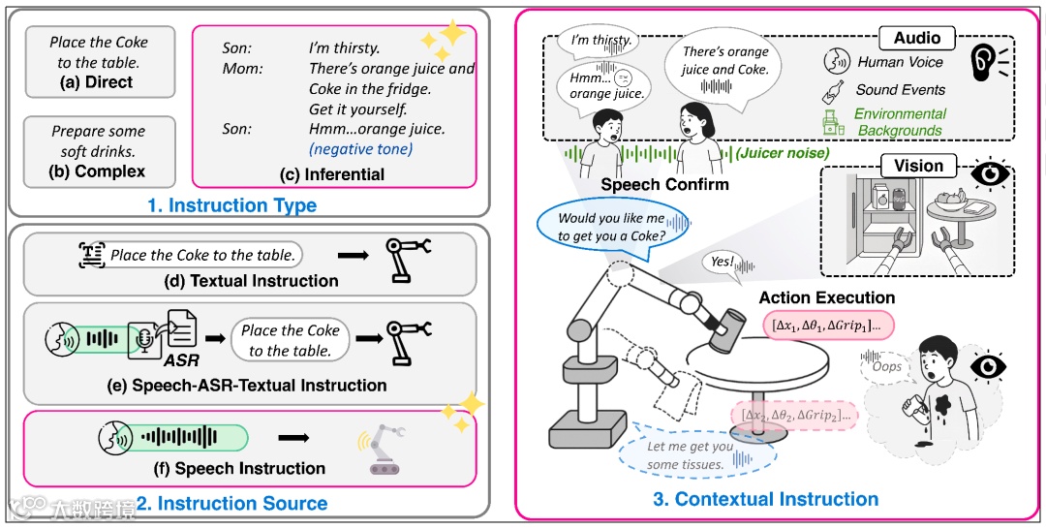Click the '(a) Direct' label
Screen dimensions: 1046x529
100,82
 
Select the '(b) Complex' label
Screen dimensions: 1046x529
97,171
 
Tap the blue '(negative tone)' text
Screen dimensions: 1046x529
360,149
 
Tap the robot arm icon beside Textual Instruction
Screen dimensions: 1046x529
408,258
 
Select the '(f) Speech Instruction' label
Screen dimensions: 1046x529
239,468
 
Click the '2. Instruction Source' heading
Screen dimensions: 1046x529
231,503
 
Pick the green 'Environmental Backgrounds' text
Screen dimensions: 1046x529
899,122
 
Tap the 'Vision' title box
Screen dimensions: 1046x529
918,166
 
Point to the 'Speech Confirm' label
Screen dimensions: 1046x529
665,184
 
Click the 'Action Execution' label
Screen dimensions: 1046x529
827,297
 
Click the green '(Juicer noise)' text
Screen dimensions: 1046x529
783,153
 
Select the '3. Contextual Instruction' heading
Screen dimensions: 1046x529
766,498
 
